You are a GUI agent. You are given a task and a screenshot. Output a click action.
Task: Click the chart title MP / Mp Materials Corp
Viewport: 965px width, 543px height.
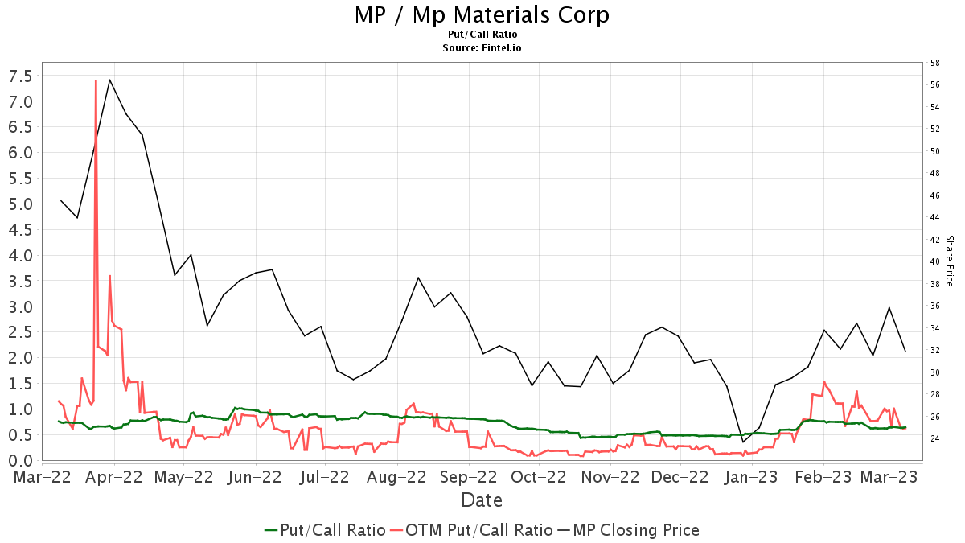482,14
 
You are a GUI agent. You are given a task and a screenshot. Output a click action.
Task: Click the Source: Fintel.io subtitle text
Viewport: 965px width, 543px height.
482,48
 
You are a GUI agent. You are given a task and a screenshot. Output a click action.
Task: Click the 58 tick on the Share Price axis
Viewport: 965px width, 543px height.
935,63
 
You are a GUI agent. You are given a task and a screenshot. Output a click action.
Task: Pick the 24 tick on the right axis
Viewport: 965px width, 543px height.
935,438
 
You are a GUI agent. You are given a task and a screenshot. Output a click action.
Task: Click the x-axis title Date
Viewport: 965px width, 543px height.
482,500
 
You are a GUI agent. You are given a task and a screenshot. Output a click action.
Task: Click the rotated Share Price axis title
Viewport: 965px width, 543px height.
949,261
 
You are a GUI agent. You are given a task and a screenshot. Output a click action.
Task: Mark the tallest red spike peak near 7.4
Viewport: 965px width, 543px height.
96,80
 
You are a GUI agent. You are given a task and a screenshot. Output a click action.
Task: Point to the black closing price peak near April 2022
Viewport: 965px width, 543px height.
109,80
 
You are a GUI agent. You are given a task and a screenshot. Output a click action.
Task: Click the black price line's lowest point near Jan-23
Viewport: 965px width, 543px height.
743,442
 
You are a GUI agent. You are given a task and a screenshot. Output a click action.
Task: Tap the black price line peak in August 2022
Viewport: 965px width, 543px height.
418,278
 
